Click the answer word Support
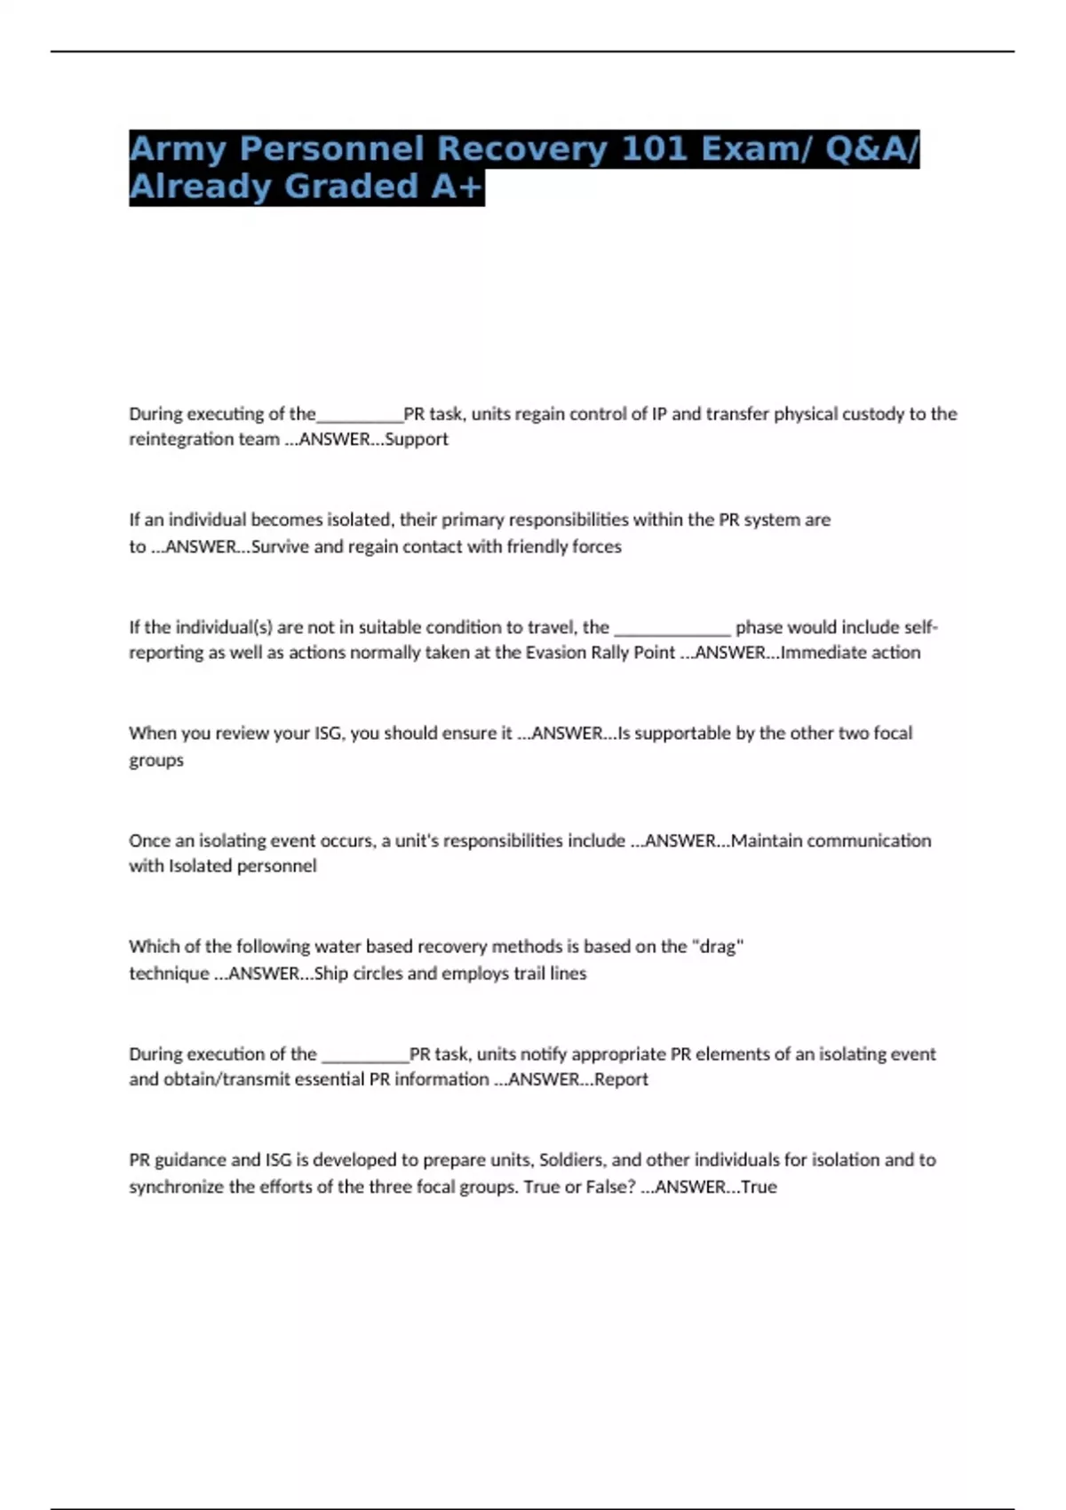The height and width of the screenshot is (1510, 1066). (417, 439)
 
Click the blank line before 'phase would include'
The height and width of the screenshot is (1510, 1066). (672, 628)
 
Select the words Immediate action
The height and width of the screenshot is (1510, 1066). (850, 653)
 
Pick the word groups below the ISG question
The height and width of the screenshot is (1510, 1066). (156, 760)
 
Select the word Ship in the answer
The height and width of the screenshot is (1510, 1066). (331, 974)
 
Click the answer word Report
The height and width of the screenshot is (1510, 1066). (622, 1079)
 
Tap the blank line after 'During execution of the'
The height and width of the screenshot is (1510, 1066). (365, 1055)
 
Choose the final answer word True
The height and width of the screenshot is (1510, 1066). (760, 1187)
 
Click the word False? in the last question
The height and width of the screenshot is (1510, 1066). (610, 1187)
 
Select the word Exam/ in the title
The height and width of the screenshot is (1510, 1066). (756, 148)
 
